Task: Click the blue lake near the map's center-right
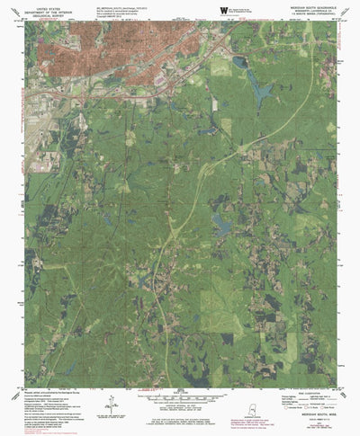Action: [221, 221]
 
